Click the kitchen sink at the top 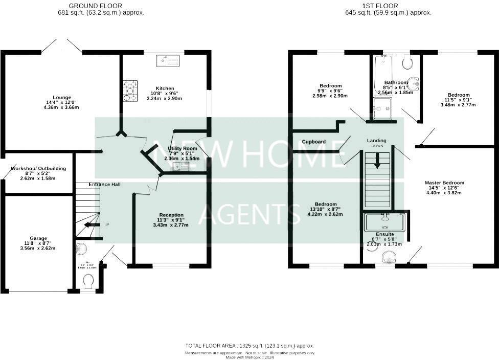tap(167, 60)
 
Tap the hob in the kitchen tap(130, 91)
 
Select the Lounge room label tap(62, 97)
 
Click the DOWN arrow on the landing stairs tap(378, 161)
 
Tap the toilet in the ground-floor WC tap(88, 281)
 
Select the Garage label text tap(38, 238)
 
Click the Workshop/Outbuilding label tap(38, 168)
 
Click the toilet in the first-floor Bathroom tap(407, 62)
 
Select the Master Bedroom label tap(444, 183)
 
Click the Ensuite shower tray tap(384, 223)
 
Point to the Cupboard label tap(313, 142)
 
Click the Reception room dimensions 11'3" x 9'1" tap(171, 220)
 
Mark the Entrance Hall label tap(104, 184)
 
